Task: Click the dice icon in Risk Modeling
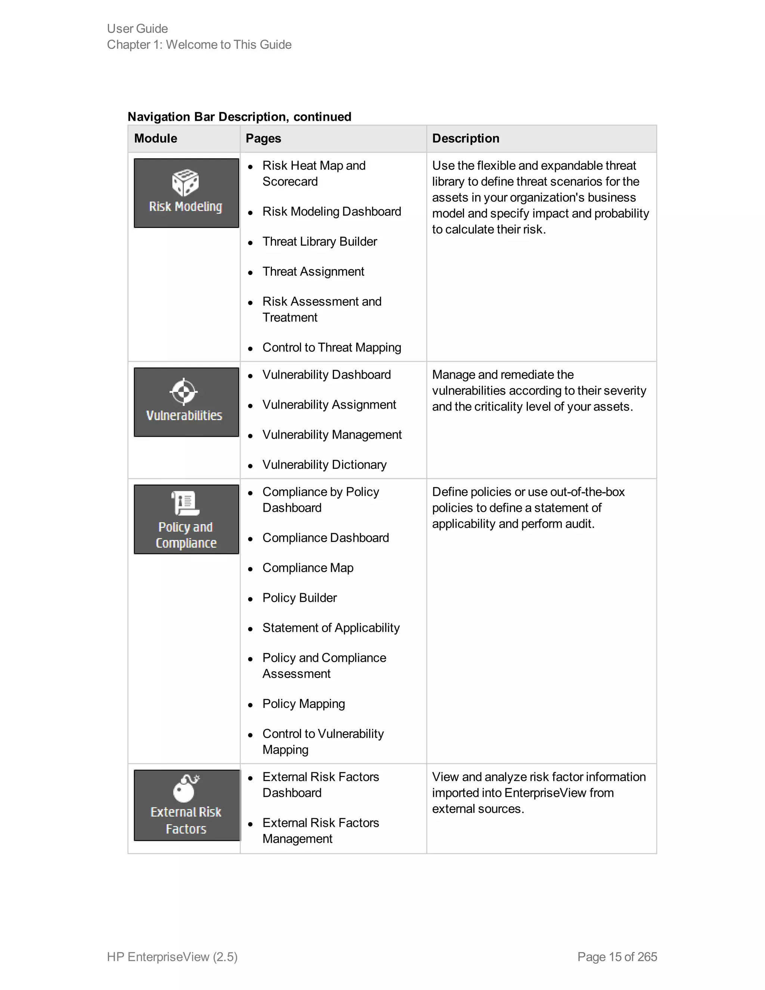185,183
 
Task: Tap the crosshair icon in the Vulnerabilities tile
183,391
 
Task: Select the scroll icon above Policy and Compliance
185,503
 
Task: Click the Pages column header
263,138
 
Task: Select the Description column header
465,138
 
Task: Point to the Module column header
155,138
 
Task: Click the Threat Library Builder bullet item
319,242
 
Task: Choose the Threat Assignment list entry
313,272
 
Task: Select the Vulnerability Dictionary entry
325,465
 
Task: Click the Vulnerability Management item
332,435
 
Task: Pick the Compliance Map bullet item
308,568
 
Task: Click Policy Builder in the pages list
300,598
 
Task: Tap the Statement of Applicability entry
331,628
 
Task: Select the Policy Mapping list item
304,704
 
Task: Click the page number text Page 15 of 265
617,956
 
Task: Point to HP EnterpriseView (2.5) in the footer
172,956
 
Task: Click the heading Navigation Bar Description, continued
239,117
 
